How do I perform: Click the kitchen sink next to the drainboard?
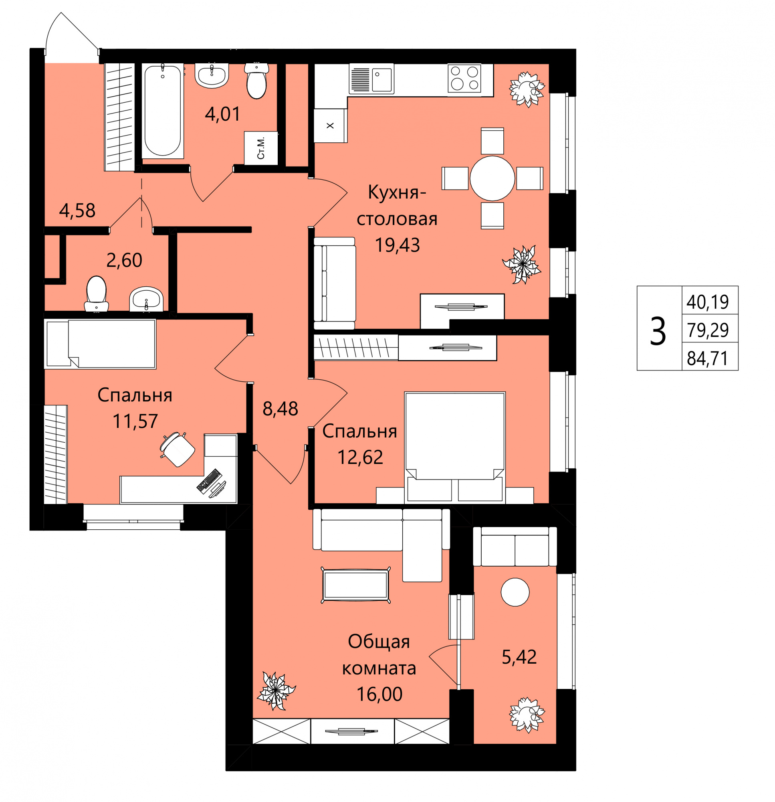click(x=381, y=79)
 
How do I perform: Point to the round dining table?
click(x=492, y=178)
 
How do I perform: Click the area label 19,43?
click(x=397, y=245)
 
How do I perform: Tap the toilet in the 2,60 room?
click(x=97, y=294)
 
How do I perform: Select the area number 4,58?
click(x=77, y=210)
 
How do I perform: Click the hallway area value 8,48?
click(x=280, y=408)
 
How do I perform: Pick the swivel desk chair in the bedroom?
click(x=178, y=448)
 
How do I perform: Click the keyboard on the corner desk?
click(x=209, y=480)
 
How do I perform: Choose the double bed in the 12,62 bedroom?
click(x=455, y=448)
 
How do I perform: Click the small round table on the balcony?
click(x=515, y=592)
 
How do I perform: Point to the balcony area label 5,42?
click(x=519, y=657)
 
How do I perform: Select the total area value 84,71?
click(x=708, y=358)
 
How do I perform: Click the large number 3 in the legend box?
click(x=658, y=332)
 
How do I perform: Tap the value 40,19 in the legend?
click(x=708, y=302)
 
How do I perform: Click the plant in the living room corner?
click(x=276, y=690)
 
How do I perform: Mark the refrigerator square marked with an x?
click(x=331, y=126)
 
